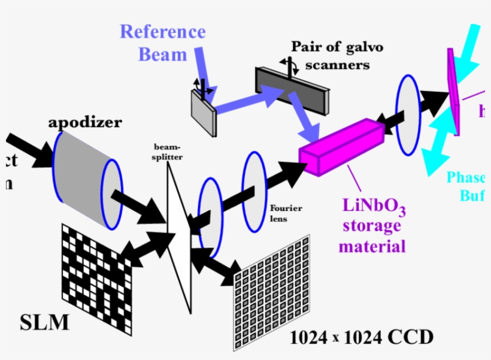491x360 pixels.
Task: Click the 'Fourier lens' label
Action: (x=286, y=213)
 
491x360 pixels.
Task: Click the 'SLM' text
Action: (x=44, y=323)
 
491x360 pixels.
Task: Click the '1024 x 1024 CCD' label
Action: (x=361, y=337)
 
